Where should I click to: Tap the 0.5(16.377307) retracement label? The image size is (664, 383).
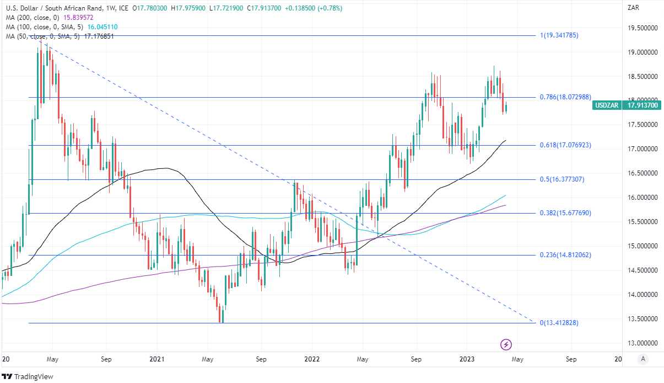pyautogui.click(x=561, y=179)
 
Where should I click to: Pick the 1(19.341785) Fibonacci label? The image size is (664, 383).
pyautogui.click(x=559, y=35)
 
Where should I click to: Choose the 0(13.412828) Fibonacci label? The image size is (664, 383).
pyautogui.click(x=559, y=323)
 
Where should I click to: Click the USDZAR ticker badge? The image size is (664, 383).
pyautogui.click(x=606, y=105)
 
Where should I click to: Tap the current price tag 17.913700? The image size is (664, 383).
pyautogui.click(x=640, y=105)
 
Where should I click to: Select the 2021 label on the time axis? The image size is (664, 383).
pyautogui.click(x=157, y=359)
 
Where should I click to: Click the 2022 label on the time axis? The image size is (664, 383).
pyautogui.click(x=312, y=359)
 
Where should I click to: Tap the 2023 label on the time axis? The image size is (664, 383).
pyautogui.click(x=467, y=359)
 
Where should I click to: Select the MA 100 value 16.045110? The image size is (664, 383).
pyautogui.click(x=99, y=27)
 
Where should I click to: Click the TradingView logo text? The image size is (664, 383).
pyautogui.click(x=31, y=376)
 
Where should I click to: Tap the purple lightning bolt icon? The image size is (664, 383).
pyautogui.click(x=506, y=345)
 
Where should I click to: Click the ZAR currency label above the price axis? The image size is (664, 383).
pyautogui.click(x=633, y=7)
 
